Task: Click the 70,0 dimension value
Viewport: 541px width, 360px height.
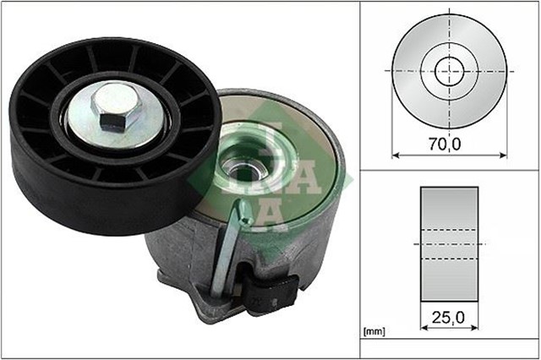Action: point(443,145)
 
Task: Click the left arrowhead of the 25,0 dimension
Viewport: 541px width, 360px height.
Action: point(422,329)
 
